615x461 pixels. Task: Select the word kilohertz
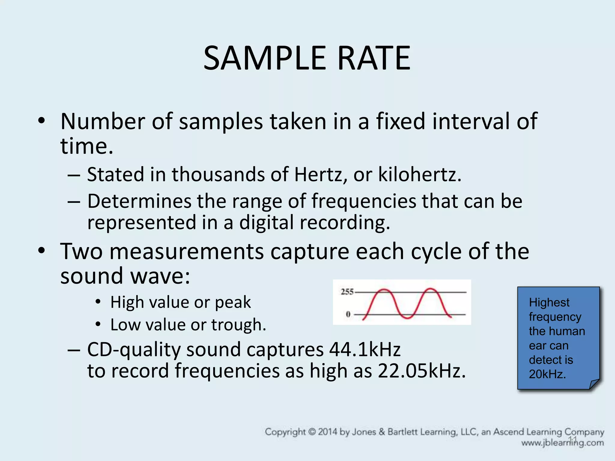[419, 174]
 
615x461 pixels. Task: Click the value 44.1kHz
[365, 349]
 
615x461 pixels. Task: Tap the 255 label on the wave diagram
[347, 292]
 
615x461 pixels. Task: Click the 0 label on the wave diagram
[348, 315]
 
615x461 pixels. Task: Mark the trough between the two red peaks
[407, 317]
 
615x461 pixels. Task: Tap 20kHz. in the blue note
[547, 374]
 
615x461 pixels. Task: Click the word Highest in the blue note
[549, 303]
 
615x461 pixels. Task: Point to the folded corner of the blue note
[594, 384]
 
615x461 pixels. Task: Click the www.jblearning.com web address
[562, 443]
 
